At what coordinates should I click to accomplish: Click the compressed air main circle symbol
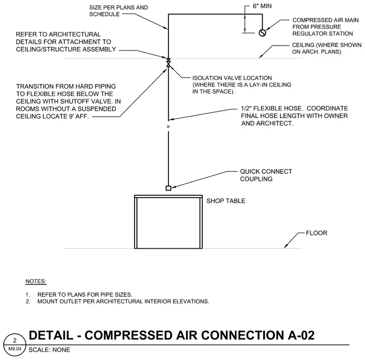pyautogui.click(x=262, y=33)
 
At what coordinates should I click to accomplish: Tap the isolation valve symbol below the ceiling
pyautogui.click(x=168, y=64)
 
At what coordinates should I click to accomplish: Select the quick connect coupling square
pyautogui.click(x=168, y=188)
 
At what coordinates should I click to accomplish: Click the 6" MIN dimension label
pyautogui.click(x=262, y=6)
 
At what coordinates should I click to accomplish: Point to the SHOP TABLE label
pyautogui.click(x=226, y=201)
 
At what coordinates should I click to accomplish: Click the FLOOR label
pyautogui.click(x=316, y=233)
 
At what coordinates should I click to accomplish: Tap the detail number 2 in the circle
pyautogui.click(x=15, y=340)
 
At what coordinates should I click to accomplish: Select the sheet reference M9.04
pyautogui.click(x=15, y=349)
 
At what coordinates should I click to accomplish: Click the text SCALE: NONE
pyautogui.click(x=49, y=350)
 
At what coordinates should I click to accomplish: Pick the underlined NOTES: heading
pyautogui.click(x=36, y=281)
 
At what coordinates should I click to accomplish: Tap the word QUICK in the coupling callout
pyautogui.click(x=250, y=171)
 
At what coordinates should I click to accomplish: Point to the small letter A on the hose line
pyautogui.click(x=168, y=127)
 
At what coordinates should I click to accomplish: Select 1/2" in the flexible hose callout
pyautogui.click(x=246, y=108)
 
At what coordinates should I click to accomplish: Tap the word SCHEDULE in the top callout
pyautogui.click(x=104, y=14)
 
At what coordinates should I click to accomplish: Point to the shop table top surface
pyautogui.click(x=168, y=197)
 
